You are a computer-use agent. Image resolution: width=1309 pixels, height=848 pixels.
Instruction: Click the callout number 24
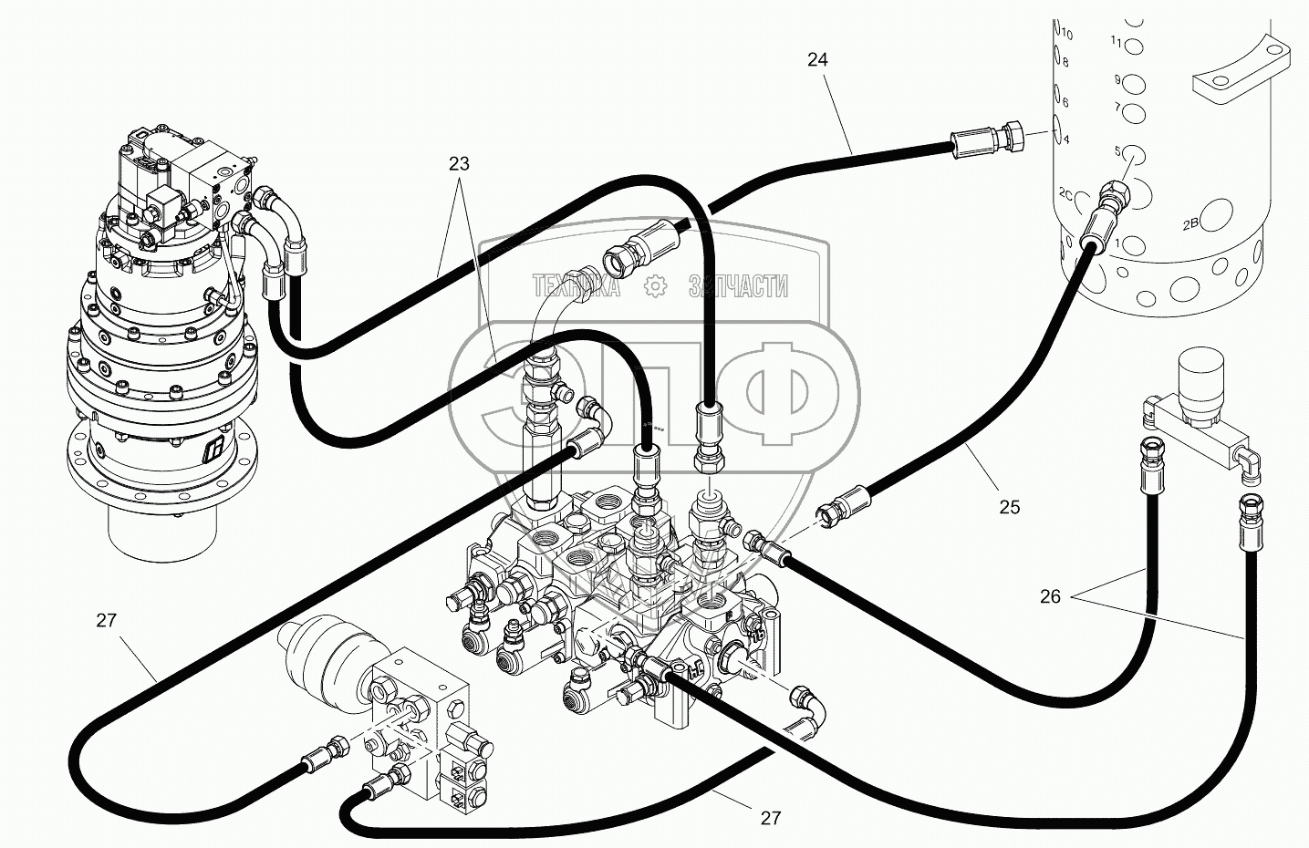coord(817,59)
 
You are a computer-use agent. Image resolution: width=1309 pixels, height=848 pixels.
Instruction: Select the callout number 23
coord(459,164)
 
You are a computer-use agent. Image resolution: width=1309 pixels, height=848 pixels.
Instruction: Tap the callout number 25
coord(1009,507)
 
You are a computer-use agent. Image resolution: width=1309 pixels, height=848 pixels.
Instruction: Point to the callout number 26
coord(1050,596)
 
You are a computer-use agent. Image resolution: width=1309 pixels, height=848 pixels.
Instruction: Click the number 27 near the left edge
coord(107,621)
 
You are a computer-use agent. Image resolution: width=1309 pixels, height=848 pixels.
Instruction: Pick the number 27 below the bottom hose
coord(771,818)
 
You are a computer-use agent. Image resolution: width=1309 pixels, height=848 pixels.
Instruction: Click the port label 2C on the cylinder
coord(1070,194)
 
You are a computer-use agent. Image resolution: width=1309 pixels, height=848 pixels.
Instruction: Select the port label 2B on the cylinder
coord(1191,223)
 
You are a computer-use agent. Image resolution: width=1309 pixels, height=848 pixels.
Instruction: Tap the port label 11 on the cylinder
coord(1117,79)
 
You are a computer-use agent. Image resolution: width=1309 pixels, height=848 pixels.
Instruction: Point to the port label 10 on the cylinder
coord(1067,34)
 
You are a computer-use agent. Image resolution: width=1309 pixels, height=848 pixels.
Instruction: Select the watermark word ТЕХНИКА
coord(577,287)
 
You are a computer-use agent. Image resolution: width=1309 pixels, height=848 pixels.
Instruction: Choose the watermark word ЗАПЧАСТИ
coord(739,287)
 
